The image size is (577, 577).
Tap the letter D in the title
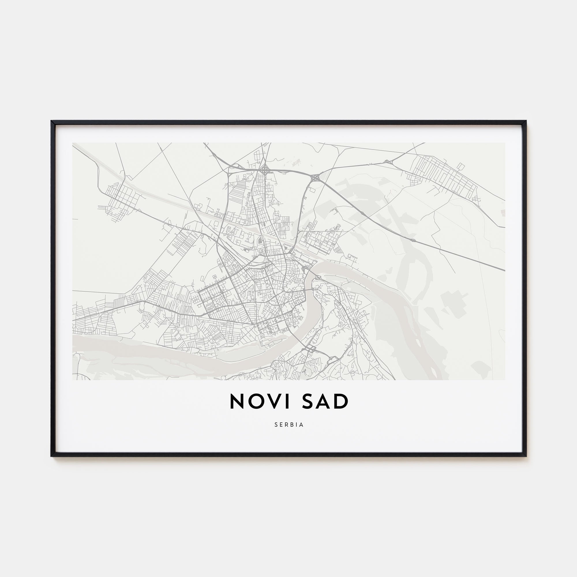pyautogui.click(x=342, y=401)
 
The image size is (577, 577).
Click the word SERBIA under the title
pyautogui.click(x=289, y=425)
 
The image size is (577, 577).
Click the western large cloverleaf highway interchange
pyautogui.click(x=265, y=171)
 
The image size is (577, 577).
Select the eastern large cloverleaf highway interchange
pyautogui.click(x=315, y=178)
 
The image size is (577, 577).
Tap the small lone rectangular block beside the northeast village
pyautogui.click(x=461, y=166)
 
